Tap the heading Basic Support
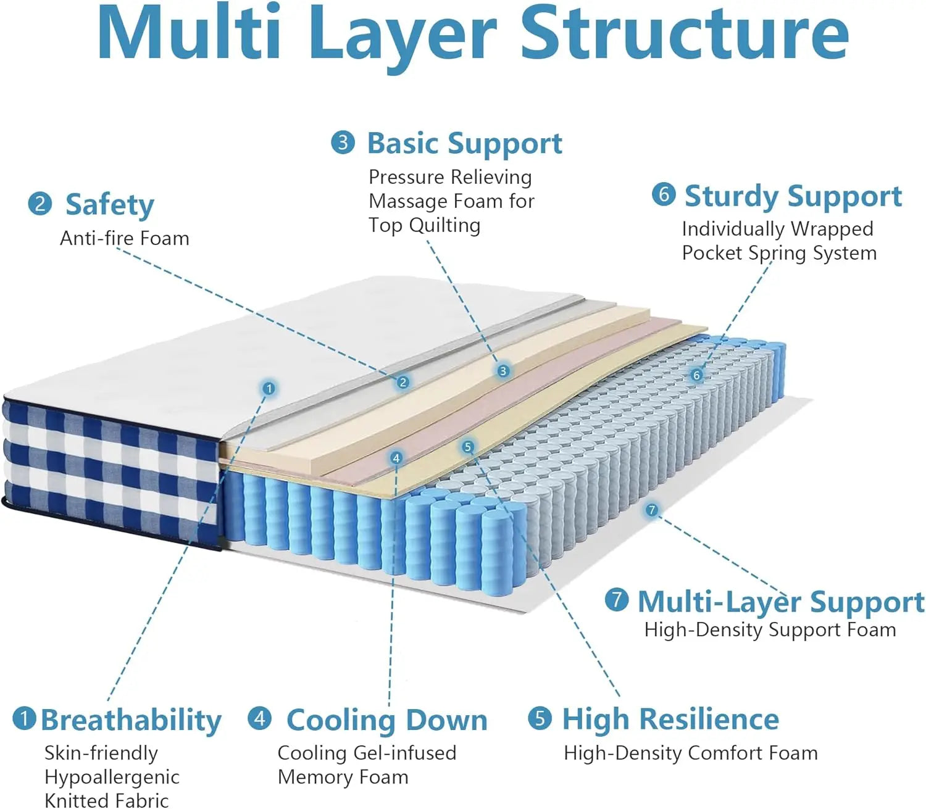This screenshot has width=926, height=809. (464, 144)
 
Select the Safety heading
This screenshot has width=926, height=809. (109, 205)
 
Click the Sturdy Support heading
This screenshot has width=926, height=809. (793, 197)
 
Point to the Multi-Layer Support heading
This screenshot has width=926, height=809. (780, 602)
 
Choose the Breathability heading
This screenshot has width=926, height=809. (131, 720)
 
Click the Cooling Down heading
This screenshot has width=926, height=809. (386, 720)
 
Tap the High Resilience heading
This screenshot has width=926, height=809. (670, 720)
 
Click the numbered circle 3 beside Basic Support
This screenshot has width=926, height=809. (343, 143)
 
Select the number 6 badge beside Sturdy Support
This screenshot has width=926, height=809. (664, 194)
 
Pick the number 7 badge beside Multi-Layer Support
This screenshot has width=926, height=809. (616, 599)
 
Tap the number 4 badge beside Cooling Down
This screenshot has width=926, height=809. (259, 718)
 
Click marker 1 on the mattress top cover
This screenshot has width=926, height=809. (269, 388)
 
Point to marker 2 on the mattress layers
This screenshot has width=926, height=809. (403, 383)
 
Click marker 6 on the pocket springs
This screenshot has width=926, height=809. (697, 375)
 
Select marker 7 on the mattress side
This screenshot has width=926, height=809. (651, 510)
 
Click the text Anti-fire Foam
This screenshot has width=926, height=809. (124, 239)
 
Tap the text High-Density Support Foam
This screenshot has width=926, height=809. (770, 630)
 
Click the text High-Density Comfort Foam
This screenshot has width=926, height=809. (690, 753)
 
